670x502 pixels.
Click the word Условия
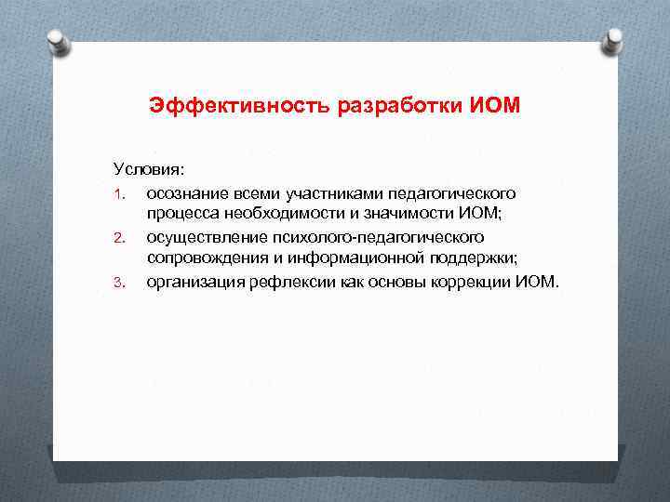click(x=149, y=170)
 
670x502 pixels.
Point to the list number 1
click(x=119, y=194)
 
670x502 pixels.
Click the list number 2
click(x=119, y=239)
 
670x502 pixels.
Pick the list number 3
click(x=119, y=284)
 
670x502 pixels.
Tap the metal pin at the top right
click(x=613, y=40)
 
